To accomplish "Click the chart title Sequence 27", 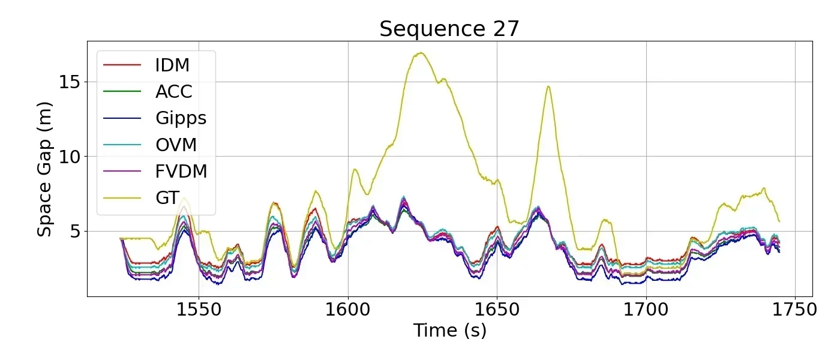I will click(449, 29).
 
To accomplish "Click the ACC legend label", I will click(174, 91).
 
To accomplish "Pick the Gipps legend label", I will click(181, 118).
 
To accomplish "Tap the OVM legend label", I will click(176, 145).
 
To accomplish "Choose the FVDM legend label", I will click(181, 172).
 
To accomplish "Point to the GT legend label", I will click(167, 199).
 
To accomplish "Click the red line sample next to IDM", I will click(122, 64).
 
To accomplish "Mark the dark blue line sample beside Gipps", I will click(122, 118).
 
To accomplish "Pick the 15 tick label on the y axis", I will click(70, 82).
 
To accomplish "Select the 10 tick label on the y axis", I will click(70, 157).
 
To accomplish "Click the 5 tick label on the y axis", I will click(76, 232).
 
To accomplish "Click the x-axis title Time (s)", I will click(449, 331).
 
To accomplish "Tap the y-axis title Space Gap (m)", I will click(46, 169).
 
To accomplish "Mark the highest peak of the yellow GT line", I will click(421, 53).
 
